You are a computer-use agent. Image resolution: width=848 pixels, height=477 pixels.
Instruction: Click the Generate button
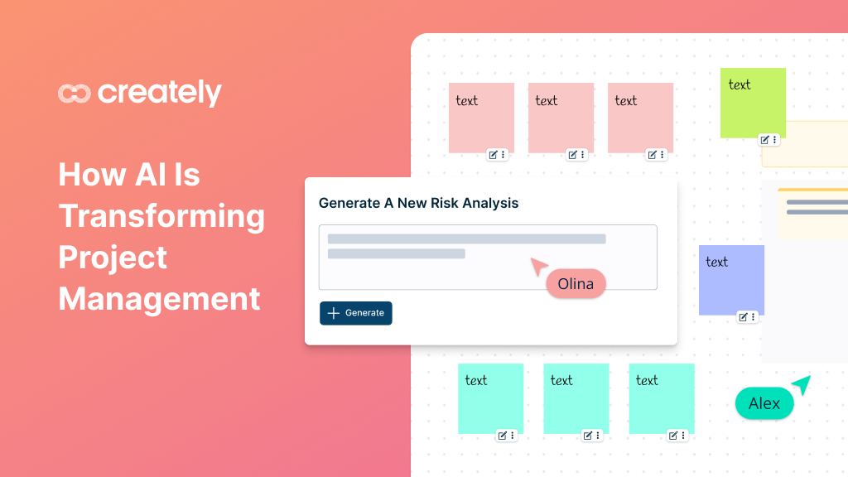(x=356, y=313)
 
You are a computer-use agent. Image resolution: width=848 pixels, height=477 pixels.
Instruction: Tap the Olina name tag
(x=576, y=284)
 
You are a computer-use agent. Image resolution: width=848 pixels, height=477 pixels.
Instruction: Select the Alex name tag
(x=764, y=404)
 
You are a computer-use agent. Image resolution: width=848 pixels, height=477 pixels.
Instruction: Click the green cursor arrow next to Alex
(x=801, y=385)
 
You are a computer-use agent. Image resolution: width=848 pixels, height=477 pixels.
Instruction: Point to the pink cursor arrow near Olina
(x=539, y=267)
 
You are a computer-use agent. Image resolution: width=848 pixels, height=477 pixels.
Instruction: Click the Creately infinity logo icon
(x=74, y=94)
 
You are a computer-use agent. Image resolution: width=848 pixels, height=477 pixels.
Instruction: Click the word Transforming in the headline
(x=162, y=216)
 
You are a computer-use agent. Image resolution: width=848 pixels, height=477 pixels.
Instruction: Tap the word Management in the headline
(x=160, y=298)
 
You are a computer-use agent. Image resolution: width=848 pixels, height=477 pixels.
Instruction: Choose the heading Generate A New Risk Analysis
(x=418, y=203)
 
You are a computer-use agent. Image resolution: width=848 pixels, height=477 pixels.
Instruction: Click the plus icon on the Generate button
(x=334, y=313)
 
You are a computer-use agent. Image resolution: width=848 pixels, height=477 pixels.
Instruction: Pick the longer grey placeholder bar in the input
(x=466, y=238)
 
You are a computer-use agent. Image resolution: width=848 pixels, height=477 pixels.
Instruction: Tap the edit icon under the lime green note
(x=765, y=140)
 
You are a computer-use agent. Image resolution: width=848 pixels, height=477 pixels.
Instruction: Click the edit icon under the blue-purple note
(x=744, y=316)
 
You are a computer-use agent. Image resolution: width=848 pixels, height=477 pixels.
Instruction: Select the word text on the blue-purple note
(x=717, y=262)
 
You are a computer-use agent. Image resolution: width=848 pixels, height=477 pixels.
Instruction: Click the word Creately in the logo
(x=160, y=93)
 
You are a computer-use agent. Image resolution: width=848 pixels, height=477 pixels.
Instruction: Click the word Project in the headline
(x=113, y=258)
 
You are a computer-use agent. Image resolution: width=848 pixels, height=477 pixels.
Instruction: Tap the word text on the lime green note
(x=740, y=84)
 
